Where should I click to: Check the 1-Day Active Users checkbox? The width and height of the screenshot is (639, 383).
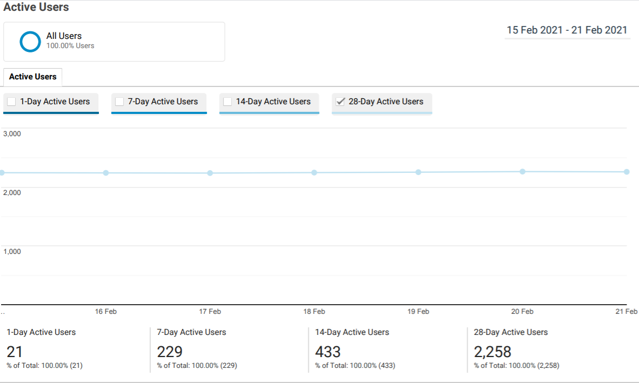(x=11, y=102)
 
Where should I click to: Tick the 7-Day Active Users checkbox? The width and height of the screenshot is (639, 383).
(x=119, y=102)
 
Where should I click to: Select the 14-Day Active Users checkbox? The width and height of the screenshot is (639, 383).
(x=227, y=102)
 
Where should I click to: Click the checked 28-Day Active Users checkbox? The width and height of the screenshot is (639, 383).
(x=340, y=102)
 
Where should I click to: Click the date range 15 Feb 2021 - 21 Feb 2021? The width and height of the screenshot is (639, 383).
(x=567, y=30)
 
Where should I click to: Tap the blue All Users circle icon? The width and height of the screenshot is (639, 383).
(x=30, y=42)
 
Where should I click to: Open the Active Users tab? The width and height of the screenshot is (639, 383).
(x=32, y=77)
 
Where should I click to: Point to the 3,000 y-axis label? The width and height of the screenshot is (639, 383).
(x=12, y=133)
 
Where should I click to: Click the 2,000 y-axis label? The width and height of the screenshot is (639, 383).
(x=12, y=193)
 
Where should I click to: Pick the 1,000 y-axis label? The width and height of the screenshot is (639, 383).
(x=12, y=251)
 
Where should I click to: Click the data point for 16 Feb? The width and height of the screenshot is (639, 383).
(x=106, y=173)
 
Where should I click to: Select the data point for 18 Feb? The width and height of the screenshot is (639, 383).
(x=314, y=172)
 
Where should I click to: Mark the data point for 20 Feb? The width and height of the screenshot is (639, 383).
(x=522, y=172)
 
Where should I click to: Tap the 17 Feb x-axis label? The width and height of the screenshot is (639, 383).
(x=210, y=311)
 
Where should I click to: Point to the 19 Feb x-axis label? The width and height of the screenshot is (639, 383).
(x=418, y=311)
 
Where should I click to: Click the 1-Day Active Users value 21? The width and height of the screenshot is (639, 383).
(x=15, y=352)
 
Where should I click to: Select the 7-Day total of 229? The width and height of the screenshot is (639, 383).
(x=170, y=352)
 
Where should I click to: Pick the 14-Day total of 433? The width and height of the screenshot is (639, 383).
(x=328, y=352)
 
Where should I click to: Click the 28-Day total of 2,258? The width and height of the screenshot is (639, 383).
(x=492, y=352)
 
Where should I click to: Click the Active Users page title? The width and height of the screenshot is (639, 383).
(x=36, y=7)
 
